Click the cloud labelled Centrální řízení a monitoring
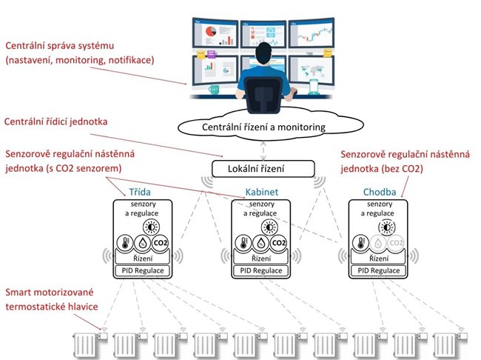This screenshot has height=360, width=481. pyautogui.click(x=264, y=127)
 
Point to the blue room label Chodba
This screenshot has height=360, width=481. pyautogui.click(x=378, y=193)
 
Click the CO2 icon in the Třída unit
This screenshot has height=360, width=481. pyautogui.click(x=161, y=242)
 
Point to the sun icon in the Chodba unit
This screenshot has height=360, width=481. pyautogui.click(x=386, y=226)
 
